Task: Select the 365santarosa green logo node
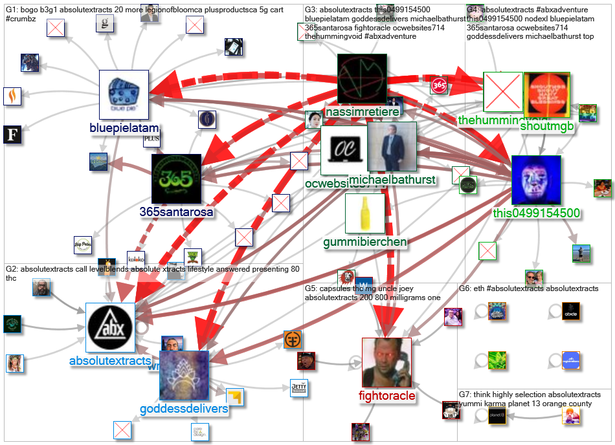tap(177, 179)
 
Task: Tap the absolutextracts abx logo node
tap(110, 327)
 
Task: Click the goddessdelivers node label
tap(184, 409)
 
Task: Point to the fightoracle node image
tap(386, 362)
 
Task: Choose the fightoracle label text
tap(386, 395)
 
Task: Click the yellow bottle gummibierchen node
tap(365, 213)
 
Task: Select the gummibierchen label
tap(365, 242)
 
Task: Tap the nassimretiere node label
tap(362, 112)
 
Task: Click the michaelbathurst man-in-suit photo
tap(392, 147)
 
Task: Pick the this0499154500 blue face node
tap(536, 180)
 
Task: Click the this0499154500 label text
tap(536, 213)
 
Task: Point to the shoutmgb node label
tap(547, 126)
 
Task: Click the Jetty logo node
tap(298, 387)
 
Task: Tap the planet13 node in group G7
tap(497, 417)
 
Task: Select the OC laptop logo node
tap(343, 150)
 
